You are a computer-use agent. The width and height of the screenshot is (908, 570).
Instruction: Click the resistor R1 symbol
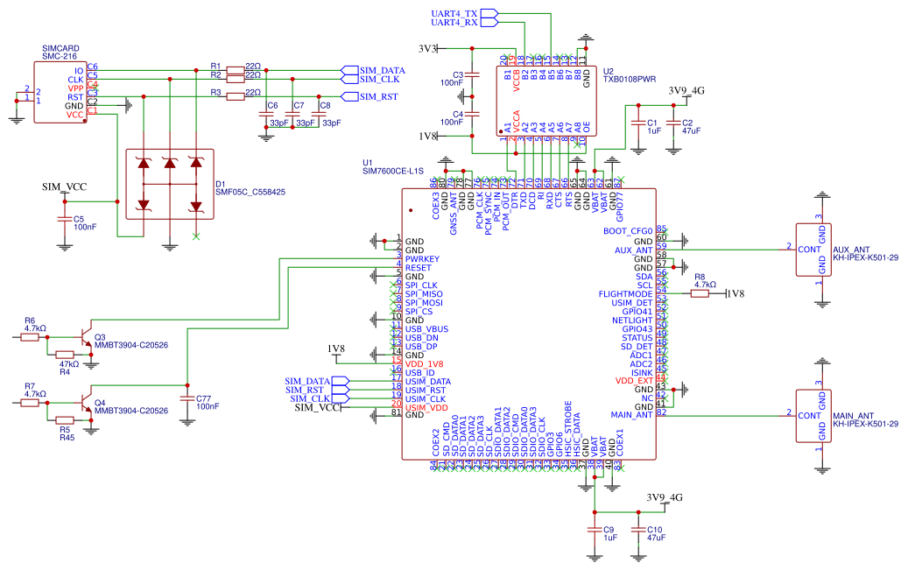click(235, 70)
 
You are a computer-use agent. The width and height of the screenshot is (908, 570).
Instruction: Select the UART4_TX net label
click(454, 14)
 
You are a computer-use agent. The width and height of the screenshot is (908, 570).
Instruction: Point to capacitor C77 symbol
click(186, 398)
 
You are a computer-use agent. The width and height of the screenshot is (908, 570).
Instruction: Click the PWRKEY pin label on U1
click(422, 258)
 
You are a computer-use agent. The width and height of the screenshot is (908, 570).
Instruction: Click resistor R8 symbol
click(700, 294)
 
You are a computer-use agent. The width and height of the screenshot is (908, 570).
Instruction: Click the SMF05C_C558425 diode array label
click(252, 192)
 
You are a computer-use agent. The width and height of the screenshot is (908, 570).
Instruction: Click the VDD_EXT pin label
click(633, 381)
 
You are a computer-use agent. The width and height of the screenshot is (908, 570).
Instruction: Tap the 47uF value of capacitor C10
click(656, 538)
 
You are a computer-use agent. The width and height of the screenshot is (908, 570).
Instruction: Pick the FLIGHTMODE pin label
click(625, 294)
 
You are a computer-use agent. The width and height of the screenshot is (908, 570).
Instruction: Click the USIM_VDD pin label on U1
click(426, 407)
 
